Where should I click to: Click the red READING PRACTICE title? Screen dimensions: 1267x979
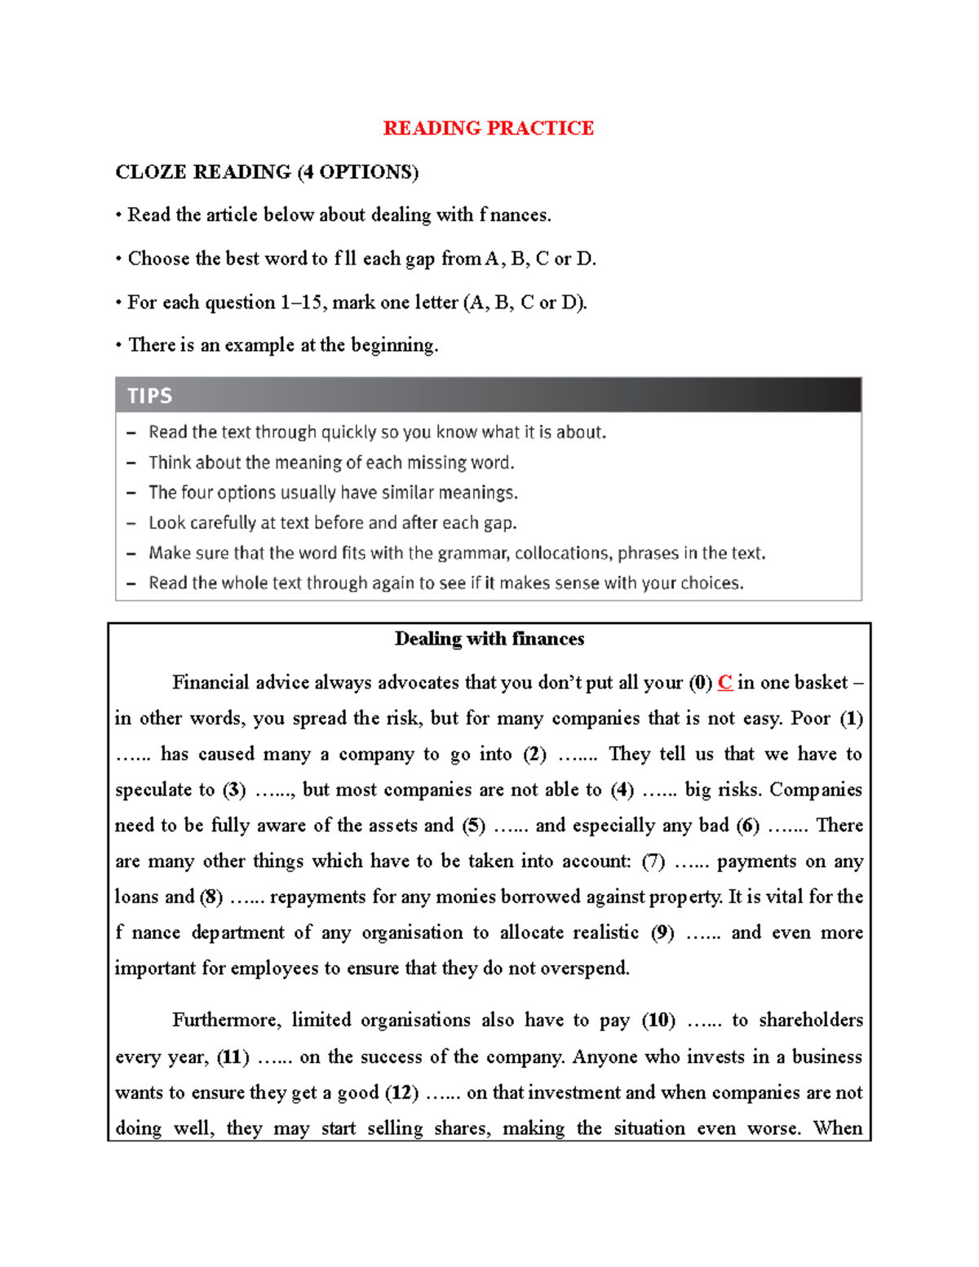pos(488,128)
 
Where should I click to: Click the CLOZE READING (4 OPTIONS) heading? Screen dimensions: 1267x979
pos(267,172)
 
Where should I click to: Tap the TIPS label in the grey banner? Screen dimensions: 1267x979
pos(149,396)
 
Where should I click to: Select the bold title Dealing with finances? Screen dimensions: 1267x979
pos(489,639)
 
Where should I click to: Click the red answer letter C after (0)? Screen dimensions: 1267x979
pos(724,683)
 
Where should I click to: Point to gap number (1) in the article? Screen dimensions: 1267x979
pos(851,719)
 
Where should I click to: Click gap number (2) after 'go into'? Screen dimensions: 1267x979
pos(534,755)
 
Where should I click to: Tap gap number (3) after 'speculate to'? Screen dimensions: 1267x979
pos(234,790)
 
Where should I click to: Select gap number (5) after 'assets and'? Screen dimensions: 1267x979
pos(474,826)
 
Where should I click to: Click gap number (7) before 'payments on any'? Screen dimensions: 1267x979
pos(653,862)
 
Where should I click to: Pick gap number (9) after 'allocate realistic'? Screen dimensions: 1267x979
pos(662,933)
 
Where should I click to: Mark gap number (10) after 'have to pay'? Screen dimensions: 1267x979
pos(658,1021)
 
